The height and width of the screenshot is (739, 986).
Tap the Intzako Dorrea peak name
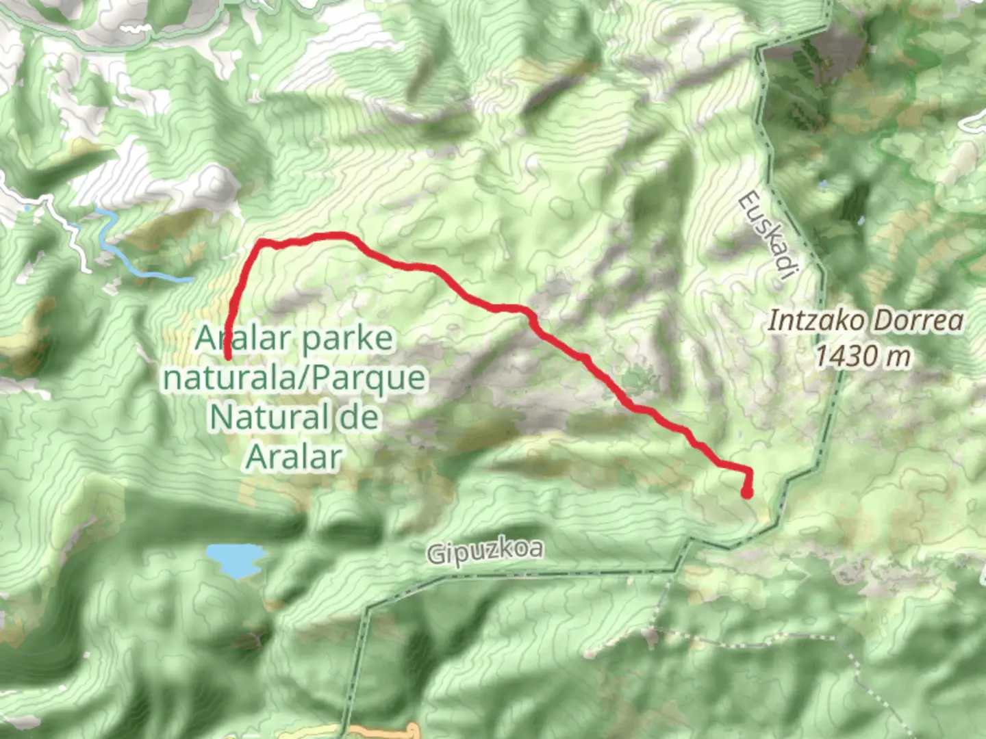[x=865, y=320]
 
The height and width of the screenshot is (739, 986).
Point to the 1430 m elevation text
[x=863, y=356]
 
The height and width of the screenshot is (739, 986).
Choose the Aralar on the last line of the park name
[x=294, y=457]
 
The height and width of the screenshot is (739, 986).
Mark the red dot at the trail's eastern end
[x=747, y=492]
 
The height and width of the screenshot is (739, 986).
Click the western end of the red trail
[x=227, y=354]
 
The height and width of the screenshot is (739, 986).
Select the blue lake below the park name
[x=236, y=558]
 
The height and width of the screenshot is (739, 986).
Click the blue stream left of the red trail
[x=137, y=267]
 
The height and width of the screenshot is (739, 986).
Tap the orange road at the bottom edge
[x=383, y=731]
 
